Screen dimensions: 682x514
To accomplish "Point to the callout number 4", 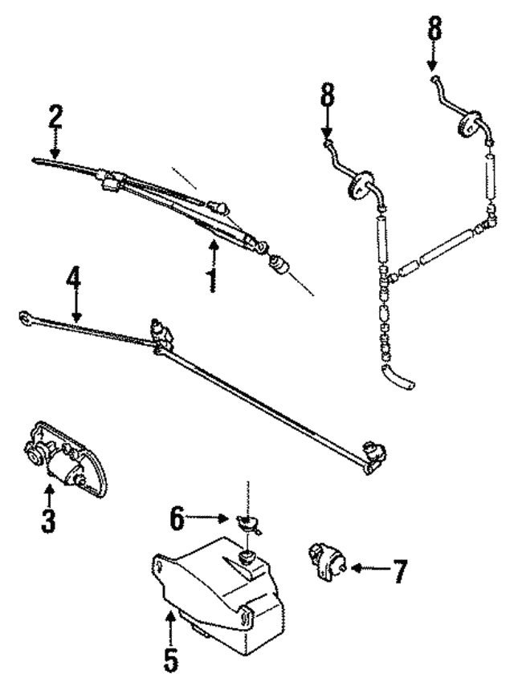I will pos(74,281).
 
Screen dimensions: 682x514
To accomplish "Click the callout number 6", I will pos(178,518).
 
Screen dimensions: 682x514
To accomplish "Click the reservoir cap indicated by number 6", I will pos(251,526).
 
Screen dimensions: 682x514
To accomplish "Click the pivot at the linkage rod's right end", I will pos(373,454).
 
